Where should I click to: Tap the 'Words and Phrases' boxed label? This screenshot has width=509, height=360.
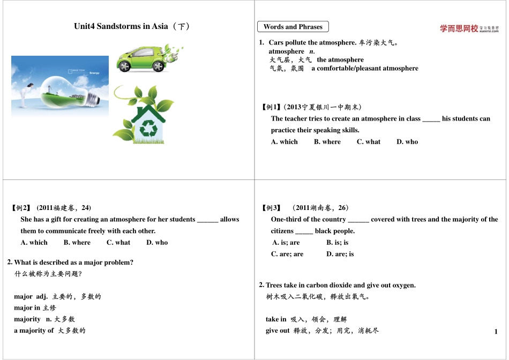293,27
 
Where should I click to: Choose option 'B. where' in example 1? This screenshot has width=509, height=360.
327,142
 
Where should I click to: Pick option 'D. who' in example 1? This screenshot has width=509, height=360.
407,142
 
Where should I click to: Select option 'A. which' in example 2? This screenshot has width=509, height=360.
34,243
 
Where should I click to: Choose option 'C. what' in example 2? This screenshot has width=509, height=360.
118,243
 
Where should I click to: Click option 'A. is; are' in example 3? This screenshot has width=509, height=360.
286,243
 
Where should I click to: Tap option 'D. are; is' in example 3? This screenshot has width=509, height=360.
340,254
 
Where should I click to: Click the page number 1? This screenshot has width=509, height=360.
496,332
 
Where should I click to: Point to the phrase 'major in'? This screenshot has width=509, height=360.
27,308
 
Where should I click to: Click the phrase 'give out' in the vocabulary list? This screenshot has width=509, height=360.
278,331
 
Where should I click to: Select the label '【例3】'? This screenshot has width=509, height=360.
271,208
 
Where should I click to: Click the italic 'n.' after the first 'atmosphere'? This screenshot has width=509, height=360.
312,51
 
